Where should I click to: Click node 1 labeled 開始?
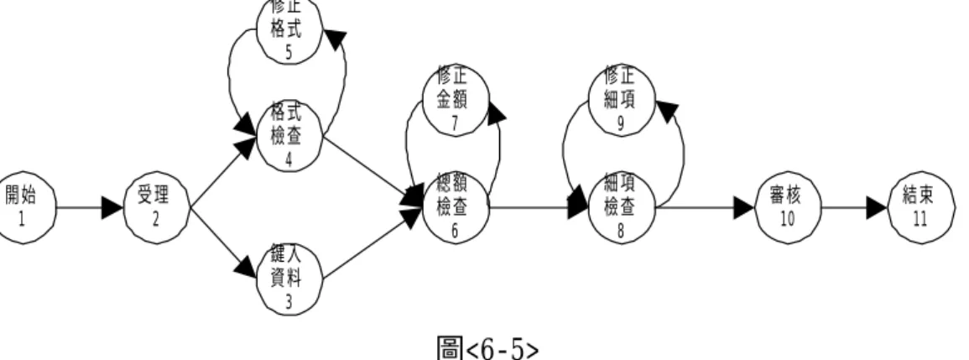(23, 208)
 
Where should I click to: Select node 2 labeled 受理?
(157, 208)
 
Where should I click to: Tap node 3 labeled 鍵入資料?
(289, 279)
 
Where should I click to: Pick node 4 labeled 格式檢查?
(289, 137)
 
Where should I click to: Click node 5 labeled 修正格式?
(289, 29)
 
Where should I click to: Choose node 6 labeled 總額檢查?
(456, 208)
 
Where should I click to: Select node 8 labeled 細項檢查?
(622, 208)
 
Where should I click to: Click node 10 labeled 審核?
(788, 208)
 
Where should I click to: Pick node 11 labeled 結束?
(921, 208)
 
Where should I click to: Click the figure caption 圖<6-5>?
(487, 347)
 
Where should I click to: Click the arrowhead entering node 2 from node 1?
(112, 208)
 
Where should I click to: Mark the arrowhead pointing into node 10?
(743, 208)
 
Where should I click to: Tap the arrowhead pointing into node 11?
(877, 208)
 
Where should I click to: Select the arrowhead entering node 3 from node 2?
(245, 267)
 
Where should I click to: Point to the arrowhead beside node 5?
(335, 39)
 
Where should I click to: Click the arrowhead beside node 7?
(496, 112)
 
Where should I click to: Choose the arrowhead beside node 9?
(667, 112)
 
